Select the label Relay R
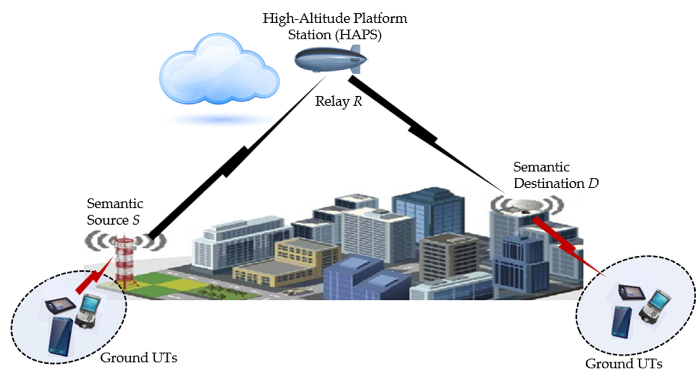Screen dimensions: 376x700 pyautogui.click(x=338, y=101)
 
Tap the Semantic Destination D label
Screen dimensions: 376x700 pyautogui.click(x=556, y=175)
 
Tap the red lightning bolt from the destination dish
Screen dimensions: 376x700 pyautogui.click(x=568, y=246)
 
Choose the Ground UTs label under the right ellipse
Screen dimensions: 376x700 pyautogui.click(x=624, y=363)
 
